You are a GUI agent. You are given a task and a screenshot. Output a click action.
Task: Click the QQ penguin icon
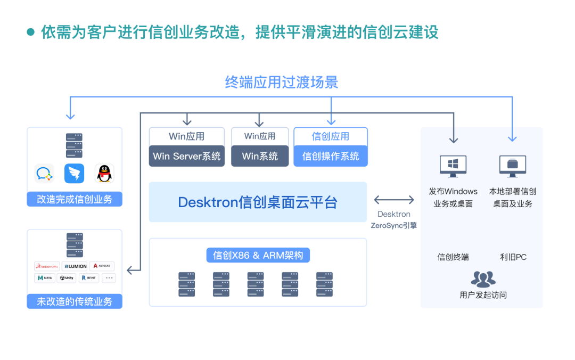point(104,174)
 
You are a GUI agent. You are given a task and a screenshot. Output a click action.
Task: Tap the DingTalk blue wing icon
point(75,174)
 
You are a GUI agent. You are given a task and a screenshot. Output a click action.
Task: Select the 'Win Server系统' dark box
point(186,156)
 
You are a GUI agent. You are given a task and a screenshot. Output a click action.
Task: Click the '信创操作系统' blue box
point(331,156)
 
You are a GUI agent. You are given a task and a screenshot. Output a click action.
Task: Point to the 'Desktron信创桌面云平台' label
point(258,202)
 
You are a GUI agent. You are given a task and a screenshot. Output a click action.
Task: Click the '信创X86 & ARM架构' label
point(258,255)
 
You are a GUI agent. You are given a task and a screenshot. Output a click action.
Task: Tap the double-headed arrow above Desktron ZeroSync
point(394,200)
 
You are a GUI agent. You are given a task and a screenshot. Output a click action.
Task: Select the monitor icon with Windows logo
point(453,166)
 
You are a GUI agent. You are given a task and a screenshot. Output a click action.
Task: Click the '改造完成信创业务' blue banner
point(75,200)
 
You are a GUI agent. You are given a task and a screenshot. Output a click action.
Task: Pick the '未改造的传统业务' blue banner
point(75,301)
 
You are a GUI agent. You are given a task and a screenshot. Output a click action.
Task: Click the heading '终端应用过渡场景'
point(282,82)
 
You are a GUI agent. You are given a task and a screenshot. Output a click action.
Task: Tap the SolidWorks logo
point(47,266)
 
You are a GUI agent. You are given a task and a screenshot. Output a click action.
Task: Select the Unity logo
point(67,278)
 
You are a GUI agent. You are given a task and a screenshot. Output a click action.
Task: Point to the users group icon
point(483,279)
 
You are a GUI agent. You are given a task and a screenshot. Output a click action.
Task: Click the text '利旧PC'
point(513,257)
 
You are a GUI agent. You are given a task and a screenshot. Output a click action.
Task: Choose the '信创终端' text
point(453,257)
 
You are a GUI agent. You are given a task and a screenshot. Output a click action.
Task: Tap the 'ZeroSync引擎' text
point(394,226)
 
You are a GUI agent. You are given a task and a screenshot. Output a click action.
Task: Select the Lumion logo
point(75,266)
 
